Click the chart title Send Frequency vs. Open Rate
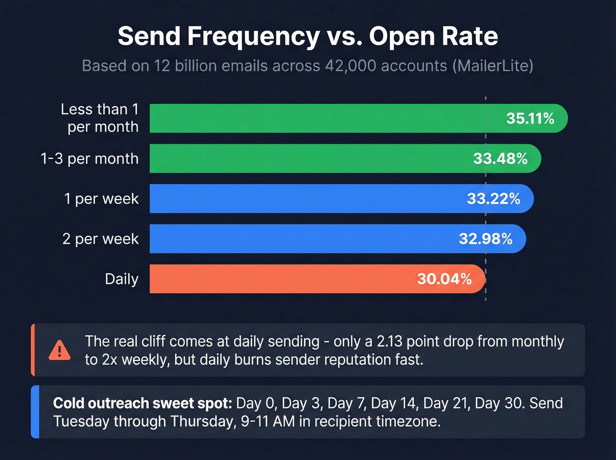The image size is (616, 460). click(308, 36)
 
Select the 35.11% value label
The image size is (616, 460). click(530, 118)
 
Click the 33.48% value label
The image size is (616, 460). click(500, 158)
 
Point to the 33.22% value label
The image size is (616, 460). click(493, 199)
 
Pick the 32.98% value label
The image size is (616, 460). click(485, 239)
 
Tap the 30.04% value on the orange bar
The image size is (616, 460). click(444, 279)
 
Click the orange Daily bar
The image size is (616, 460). click(282, 279)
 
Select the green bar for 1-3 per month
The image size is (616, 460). click(308, 158)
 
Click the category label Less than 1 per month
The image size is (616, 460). click(99, 118)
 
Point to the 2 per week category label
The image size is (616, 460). click(100, 239)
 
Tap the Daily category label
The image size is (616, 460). click(121, 279)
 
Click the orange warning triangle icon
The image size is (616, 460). click(59, 350)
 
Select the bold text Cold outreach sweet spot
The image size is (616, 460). click(142, 403)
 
